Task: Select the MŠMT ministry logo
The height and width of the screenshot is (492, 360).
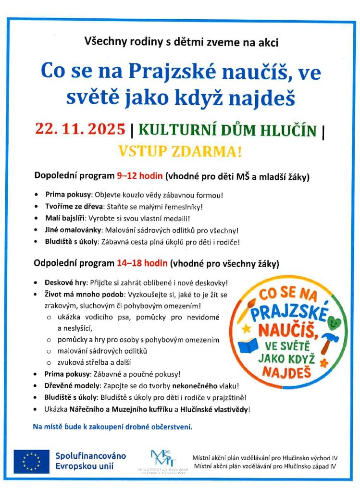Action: pos(161,459)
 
